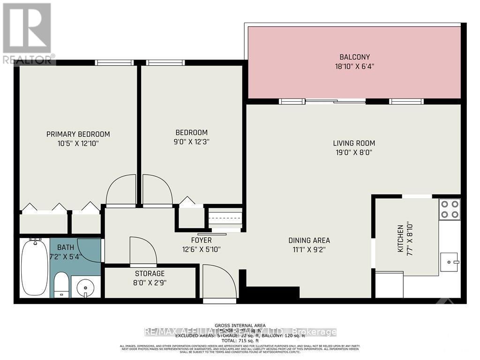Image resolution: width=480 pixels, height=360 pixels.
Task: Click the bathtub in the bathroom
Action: coord(35,267)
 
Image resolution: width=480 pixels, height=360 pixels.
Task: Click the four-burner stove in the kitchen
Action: coord(449,209)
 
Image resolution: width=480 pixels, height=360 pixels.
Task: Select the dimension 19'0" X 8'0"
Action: coord(354,152)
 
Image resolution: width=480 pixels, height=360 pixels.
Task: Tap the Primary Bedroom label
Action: coord(78,134)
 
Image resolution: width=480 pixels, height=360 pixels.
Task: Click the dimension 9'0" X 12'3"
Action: coord(191,142)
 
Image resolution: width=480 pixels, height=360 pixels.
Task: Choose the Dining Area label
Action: coord(307,240)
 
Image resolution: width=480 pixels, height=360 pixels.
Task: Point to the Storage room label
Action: coord(150,273)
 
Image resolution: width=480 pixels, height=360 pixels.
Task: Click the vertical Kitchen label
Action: coord(400,239)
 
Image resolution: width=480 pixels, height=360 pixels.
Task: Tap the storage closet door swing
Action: coord(142,251)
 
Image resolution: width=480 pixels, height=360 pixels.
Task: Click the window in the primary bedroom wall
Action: coord(114,62)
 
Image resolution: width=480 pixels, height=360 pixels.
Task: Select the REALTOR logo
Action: coord(28,33)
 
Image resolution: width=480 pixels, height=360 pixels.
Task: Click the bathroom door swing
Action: coord(90,250)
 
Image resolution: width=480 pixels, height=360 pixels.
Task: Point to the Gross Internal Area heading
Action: coord(240,325)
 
